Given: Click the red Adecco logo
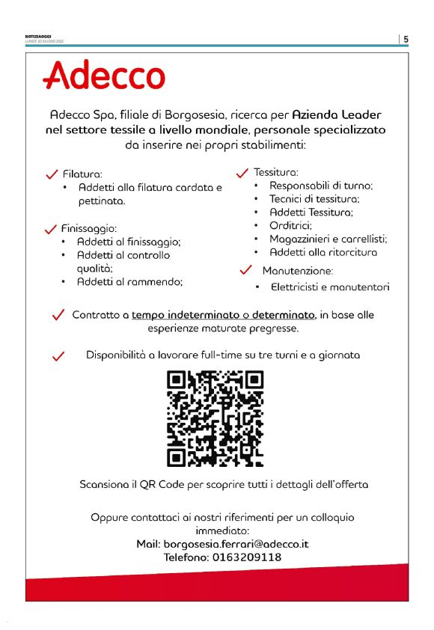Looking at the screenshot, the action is pyautogui.click(x=104, y=76).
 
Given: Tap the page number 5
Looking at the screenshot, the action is pyautogui.click(x=405, y=40).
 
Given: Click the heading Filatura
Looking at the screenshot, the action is pyautogui.click(x=82, y=174).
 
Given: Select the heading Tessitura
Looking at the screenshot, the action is pyautogui.click(x=276, y=172).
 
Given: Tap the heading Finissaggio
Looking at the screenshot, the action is pyautogui.click(x=91, y=228).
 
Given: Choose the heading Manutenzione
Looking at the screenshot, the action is pyautogui.click(x=297, y=270).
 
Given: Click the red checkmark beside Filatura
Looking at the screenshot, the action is pyautogui.click(x=52, y=174).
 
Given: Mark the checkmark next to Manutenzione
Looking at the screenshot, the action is pyautogui.click(x=245, y=269).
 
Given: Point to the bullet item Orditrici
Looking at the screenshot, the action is pyautogui.click(x=290, y=226).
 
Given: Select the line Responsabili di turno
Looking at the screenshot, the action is pyautogui.click(x=321, y=186).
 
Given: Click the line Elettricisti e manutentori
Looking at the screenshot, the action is pyautogui.click(x=329, y=287).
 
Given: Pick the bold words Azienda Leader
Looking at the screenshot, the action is pyautogui.click(x=336, y=115).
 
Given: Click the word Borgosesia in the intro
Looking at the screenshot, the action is pyautogui.click(x=187, y=115).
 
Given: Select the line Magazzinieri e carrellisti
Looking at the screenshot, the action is pyautogui.click(x=328, y=239).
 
